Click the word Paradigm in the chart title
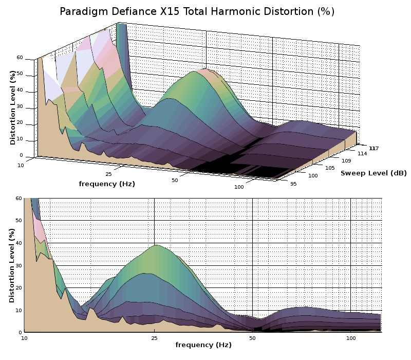[x=83, y=11]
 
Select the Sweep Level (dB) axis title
[x=373, y=173]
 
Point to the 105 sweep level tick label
[x=330, y=168]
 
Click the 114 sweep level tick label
[x=362, y=153]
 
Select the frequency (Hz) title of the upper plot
[x=107, y=184]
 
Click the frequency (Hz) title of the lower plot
[x=203, y=345]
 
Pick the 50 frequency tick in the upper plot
[x=175, y=180]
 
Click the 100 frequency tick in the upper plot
[x=239, y=187]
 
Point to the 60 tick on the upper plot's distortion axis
[x=20, y=58]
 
